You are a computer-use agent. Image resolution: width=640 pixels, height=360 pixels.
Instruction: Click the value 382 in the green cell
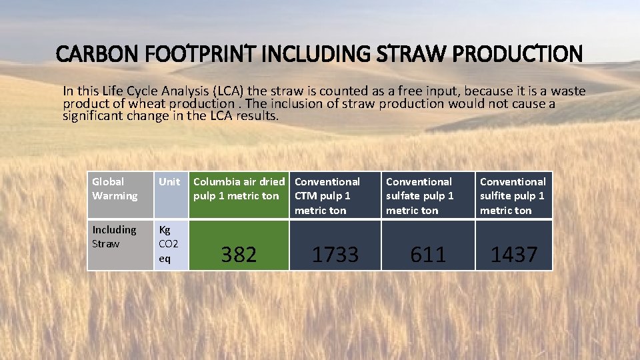239,254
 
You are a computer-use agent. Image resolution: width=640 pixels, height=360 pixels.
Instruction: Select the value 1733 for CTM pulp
335,254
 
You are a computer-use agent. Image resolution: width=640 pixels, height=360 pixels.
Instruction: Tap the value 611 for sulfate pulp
428,254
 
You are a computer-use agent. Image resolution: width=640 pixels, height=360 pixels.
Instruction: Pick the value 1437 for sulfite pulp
513,254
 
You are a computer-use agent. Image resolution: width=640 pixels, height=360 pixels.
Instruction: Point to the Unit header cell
169,182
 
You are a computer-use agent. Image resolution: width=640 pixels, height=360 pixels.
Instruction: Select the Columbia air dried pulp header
239,189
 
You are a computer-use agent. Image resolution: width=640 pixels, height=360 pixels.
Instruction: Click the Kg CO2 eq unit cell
169,244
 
